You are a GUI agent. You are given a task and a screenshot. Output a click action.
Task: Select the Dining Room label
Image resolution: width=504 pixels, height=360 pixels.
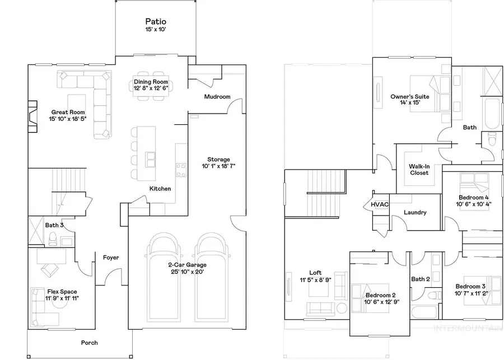point(151,82)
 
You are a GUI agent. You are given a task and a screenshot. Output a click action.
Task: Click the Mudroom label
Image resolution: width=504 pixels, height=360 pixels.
point(217,97)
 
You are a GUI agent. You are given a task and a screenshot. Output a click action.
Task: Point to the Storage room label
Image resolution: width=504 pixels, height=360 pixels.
point(218,160)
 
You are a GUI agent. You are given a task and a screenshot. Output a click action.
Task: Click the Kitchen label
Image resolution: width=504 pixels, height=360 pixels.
point(160,189)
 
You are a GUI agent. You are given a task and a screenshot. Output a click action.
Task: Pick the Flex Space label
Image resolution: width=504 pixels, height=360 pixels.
point(62,292)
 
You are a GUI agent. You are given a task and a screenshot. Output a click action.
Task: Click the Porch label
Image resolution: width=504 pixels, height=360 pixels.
point(89,343)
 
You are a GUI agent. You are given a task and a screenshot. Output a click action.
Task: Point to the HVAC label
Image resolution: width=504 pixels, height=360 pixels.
point(379,205)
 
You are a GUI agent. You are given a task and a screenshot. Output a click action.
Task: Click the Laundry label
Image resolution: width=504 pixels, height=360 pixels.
point(415,213)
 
